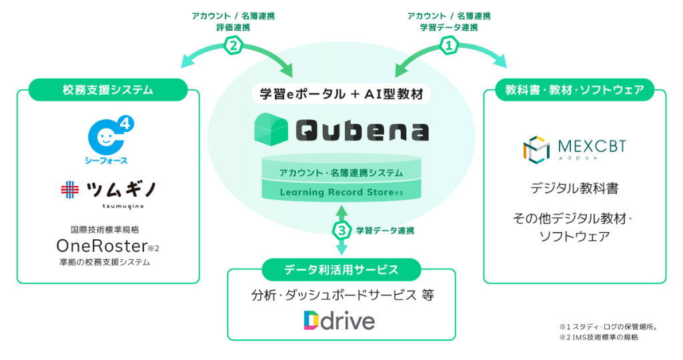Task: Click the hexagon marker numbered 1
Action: pos(450,45)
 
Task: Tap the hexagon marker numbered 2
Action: pos(233,45)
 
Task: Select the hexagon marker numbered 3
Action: pos(342,230)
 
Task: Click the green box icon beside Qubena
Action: pos(271,129)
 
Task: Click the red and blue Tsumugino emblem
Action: pos(69,190)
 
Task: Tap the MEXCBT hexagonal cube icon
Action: pos(536,150)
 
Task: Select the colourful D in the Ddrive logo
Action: pos(311,321)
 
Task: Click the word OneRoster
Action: pos(101,247)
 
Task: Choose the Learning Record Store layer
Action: pos(341,191)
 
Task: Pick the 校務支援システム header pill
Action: pos(108,90)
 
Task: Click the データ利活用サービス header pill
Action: pos(341,269)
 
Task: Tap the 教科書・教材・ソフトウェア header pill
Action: pos(574,90)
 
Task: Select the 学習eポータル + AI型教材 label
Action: pos(341,94)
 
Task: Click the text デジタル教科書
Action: pos(574,189)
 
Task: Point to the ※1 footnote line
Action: pos(608,327)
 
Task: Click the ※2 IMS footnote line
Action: pos(599,337)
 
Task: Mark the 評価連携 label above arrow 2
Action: pos(233,27)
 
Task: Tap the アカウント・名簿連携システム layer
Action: pos(341,173)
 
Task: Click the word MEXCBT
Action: pos(592,146)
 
